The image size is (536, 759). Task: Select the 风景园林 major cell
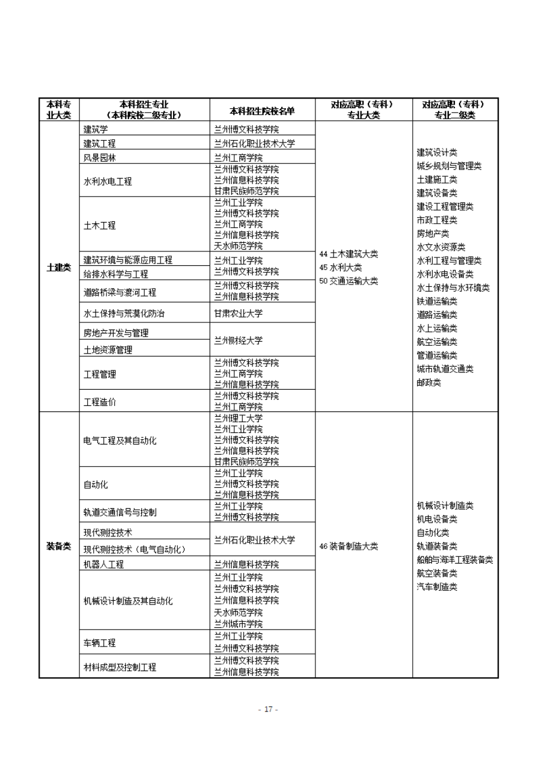tap(100, 158)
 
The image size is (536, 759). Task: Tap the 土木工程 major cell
tap(100, 226)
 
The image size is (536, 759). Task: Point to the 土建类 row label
tap(59, 267)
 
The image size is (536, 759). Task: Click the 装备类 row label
tap(59, 546)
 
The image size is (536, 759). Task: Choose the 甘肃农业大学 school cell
tap(239, 313)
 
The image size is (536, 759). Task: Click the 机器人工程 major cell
tap(103, 564)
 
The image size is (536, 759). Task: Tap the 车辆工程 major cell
tap(100, 643)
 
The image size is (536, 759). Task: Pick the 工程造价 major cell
tap(100, 402)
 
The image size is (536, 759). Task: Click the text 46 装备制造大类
tap(349, 546)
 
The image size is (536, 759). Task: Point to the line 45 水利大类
tap(341, 268)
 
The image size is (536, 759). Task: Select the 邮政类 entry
tap(429, 383)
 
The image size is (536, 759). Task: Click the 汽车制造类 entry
tap(437, 587)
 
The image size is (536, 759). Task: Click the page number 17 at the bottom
tap(268, 709)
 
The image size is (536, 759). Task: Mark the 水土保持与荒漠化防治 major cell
tap(124, 313)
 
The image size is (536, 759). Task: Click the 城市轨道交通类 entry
tap(445, 369)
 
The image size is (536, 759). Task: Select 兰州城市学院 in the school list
tap(239, 624)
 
